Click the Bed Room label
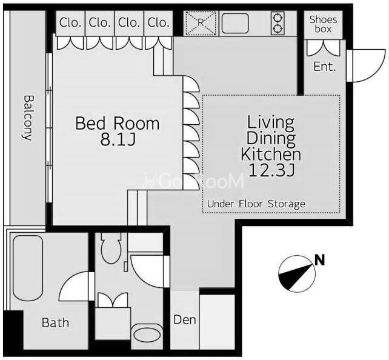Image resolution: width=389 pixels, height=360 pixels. (118, 123)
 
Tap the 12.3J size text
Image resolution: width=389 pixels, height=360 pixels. (271, 170)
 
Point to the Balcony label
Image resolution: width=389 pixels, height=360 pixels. (28, 118)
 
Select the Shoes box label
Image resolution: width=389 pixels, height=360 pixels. (323, 24)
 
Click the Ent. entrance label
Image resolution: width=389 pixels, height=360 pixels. (325, 67)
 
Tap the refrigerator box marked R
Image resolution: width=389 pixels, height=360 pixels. (201, 23)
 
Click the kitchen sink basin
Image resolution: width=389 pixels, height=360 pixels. (235, 23)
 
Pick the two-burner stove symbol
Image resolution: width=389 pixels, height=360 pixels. (278, 23)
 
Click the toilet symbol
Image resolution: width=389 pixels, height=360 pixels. (111, 248)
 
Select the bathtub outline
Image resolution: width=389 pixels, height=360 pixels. (28, 268)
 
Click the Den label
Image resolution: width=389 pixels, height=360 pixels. (185, 320)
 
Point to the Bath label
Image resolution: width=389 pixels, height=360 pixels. (55, 323)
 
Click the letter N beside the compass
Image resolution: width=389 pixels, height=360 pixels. (320, 260)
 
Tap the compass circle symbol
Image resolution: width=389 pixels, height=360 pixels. (297, 274)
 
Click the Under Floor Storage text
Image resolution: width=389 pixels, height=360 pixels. (256, 204)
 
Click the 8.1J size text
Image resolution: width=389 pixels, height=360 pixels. (118, 139)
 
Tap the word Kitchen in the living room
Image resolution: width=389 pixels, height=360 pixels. (271, 154)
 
